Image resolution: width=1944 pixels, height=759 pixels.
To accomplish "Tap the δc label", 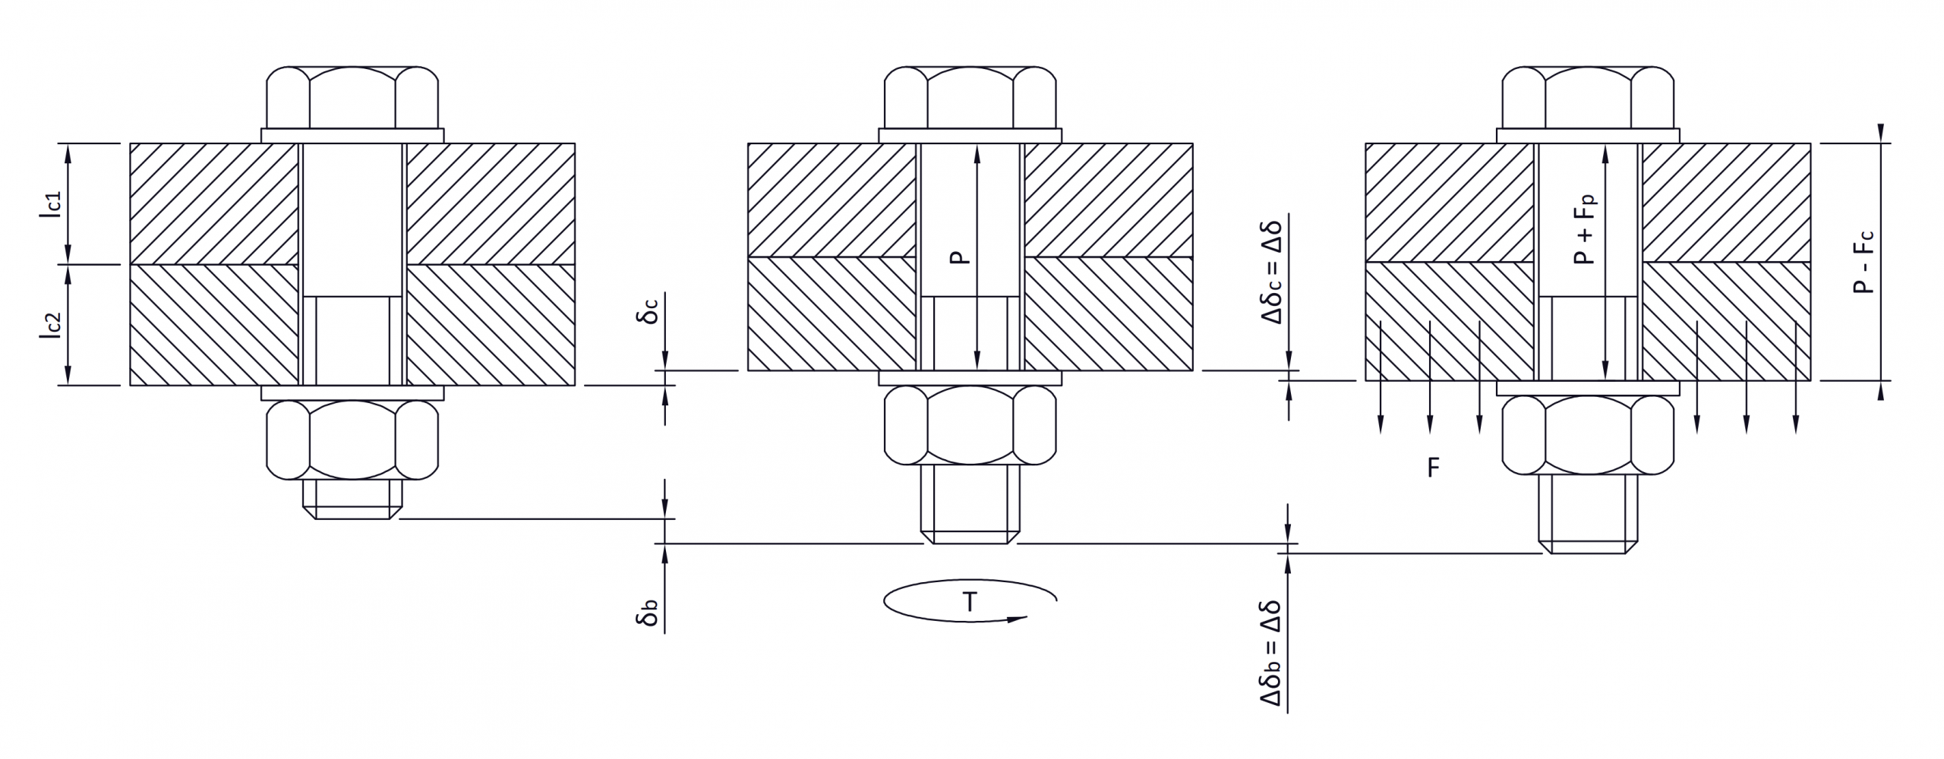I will tap(648, 311).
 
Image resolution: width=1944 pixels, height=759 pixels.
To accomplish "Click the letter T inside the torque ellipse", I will tap(970, 603).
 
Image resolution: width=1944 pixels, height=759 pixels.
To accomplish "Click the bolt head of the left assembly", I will tap(352, 98).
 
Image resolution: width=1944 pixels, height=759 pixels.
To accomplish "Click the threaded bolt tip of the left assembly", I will tap(352, 499).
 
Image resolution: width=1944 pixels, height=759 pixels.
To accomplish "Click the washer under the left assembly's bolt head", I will tap(352, 135).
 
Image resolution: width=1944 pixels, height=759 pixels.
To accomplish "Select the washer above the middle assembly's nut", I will tap(970, 378).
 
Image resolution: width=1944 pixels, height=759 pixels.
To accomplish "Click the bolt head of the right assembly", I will tap(1588, 98).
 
